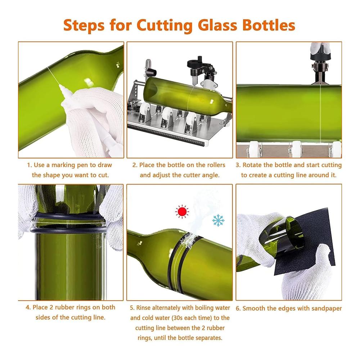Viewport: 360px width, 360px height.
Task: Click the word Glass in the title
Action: coord(217,25)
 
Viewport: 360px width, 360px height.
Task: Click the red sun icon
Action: coord(182,211)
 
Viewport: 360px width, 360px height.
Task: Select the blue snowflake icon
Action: coord(219,220)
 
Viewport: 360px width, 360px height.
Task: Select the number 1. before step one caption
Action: coord(30,165)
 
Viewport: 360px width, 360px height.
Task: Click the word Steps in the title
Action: coord(84,25)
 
